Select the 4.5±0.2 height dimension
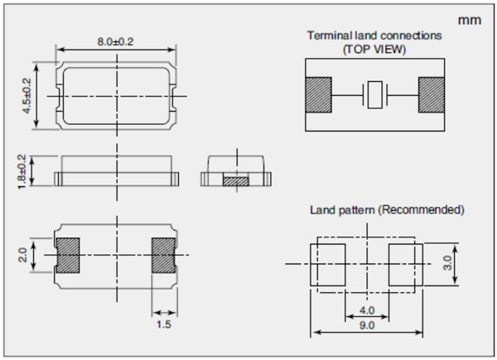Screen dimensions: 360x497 point(27,96)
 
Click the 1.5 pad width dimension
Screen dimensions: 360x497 point(162,324)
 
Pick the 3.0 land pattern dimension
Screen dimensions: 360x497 point(445,264)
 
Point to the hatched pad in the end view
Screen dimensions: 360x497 point(237,179)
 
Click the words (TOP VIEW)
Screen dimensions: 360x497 point(375,50)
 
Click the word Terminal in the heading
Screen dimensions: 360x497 point(328,36)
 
